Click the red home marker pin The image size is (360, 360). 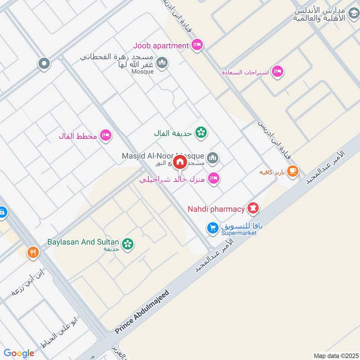tap(180, 162)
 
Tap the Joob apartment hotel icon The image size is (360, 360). tap(197, 45)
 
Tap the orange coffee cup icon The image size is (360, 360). tap(293, 171)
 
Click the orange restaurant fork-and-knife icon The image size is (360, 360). tap(33, 252)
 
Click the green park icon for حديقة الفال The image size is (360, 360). tap(201, 132)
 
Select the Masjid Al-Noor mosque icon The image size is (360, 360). tap(213, 157)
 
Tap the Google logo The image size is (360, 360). tap(19, 353)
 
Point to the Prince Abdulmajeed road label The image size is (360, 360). tap(142, 312)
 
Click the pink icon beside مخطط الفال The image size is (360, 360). tap(106, 135)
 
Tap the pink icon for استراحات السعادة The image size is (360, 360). tap(278, 71)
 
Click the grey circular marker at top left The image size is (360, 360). tap(44, 63)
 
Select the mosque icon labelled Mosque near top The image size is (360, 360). tap(163, 63)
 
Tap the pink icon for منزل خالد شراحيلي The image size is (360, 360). tap(214, 178)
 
